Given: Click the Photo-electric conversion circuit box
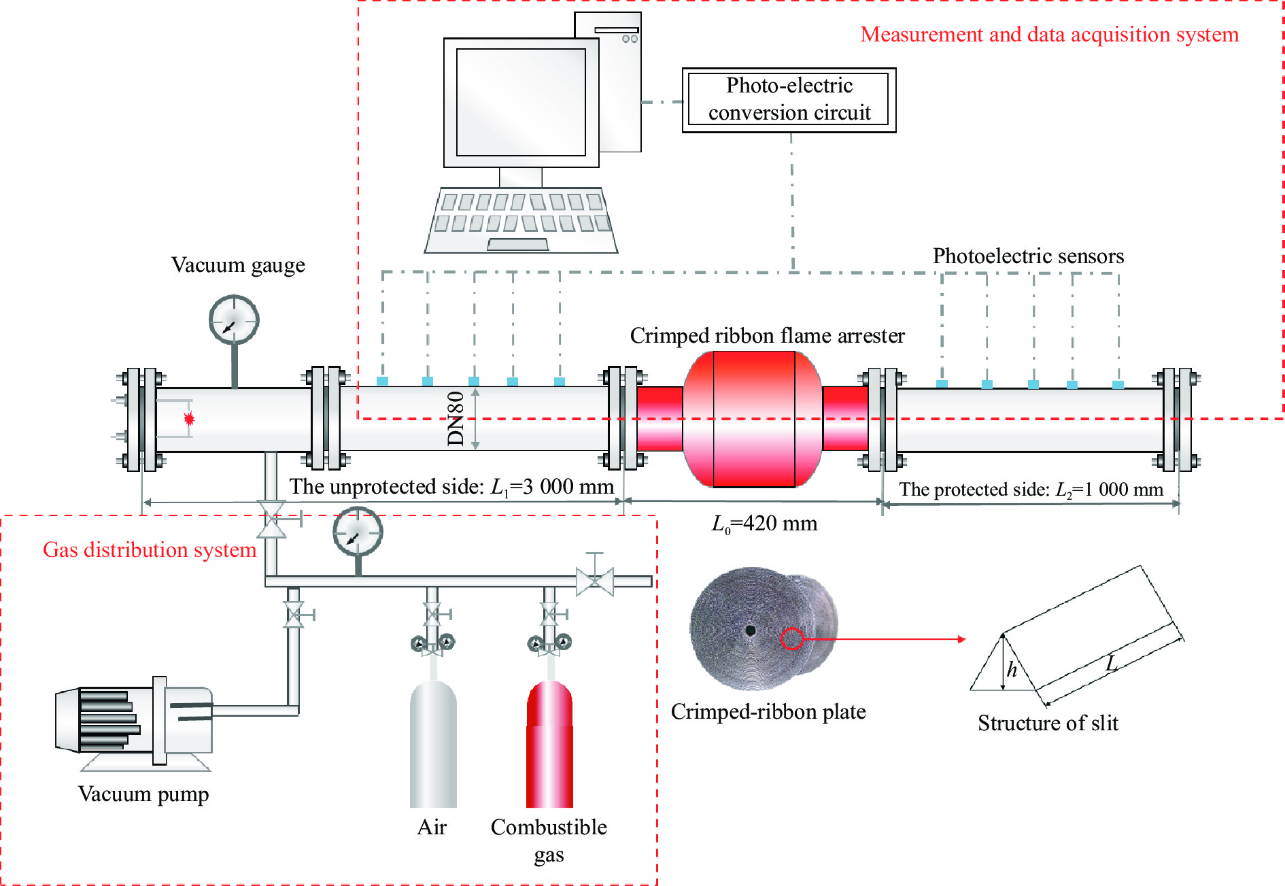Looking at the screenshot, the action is pos(789,100).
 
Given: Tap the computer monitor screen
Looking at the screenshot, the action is pos(521,102).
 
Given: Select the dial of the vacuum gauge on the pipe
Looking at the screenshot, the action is pos(234,320).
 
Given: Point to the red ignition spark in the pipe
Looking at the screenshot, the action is pos(189,419).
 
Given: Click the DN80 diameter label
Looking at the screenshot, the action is pos(456,419).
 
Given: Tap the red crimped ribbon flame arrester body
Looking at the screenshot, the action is pos(753,419).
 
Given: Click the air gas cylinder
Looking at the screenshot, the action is pos(433,744).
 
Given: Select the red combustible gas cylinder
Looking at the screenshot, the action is pos(549,744).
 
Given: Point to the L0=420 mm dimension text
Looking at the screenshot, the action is pos(764,524).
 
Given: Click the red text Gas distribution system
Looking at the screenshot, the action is pos(150,549).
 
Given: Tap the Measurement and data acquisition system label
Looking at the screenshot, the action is pos(1049,35).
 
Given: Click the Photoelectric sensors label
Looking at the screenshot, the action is pos(1028,256).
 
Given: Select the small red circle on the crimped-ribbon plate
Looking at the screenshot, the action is pos(791,638).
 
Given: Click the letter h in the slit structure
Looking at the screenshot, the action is pos(1012,670).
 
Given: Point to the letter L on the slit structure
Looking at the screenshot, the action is pos(1112,662).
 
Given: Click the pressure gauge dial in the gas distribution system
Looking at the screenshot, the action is pos(358,531).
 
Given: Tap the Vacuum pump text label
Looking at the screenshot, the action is pos(143,795).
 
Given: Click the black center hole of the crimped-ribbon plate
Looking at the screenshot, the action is pos(751,630).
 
